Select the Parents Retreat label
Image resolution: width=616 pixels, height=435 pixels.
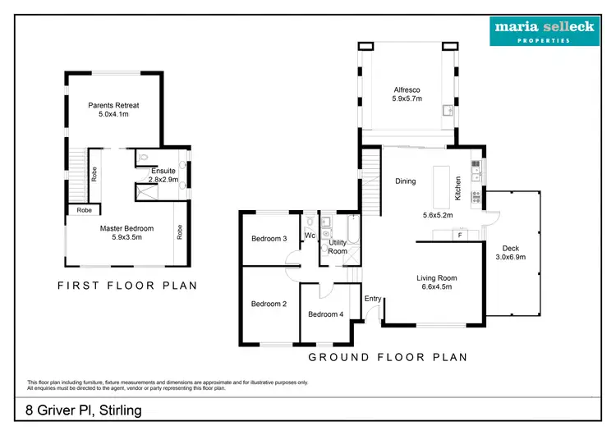pos(114,105)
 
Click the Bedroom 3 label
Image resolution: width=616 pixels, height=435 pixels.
pos(269,239)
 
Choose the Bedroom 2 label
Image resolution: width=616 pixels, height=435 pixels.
pos(269,304)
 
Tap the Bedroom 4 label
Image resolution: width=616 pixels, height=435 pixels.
pos(325,314)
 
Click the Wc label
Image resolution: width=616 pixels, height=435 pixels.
pos(309,236)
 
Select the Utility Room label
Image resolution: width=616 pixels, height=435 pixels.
pos(338,247)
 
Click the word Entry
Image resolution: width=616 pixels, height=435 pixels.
pos(373,298)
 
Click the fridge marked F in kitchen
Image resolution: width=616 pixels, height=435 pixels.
pos(460,236)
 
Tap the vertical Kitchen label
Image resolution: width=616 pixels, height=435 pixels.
pos(458,190)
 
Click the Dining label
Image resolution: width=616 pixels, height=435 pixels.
pos(406,181)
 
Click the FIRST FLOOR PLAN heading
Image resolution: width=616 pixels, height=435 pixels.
pos(126,286)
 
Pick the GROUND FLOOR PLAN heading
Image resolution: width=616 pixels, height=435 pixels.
pos(387,357)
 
